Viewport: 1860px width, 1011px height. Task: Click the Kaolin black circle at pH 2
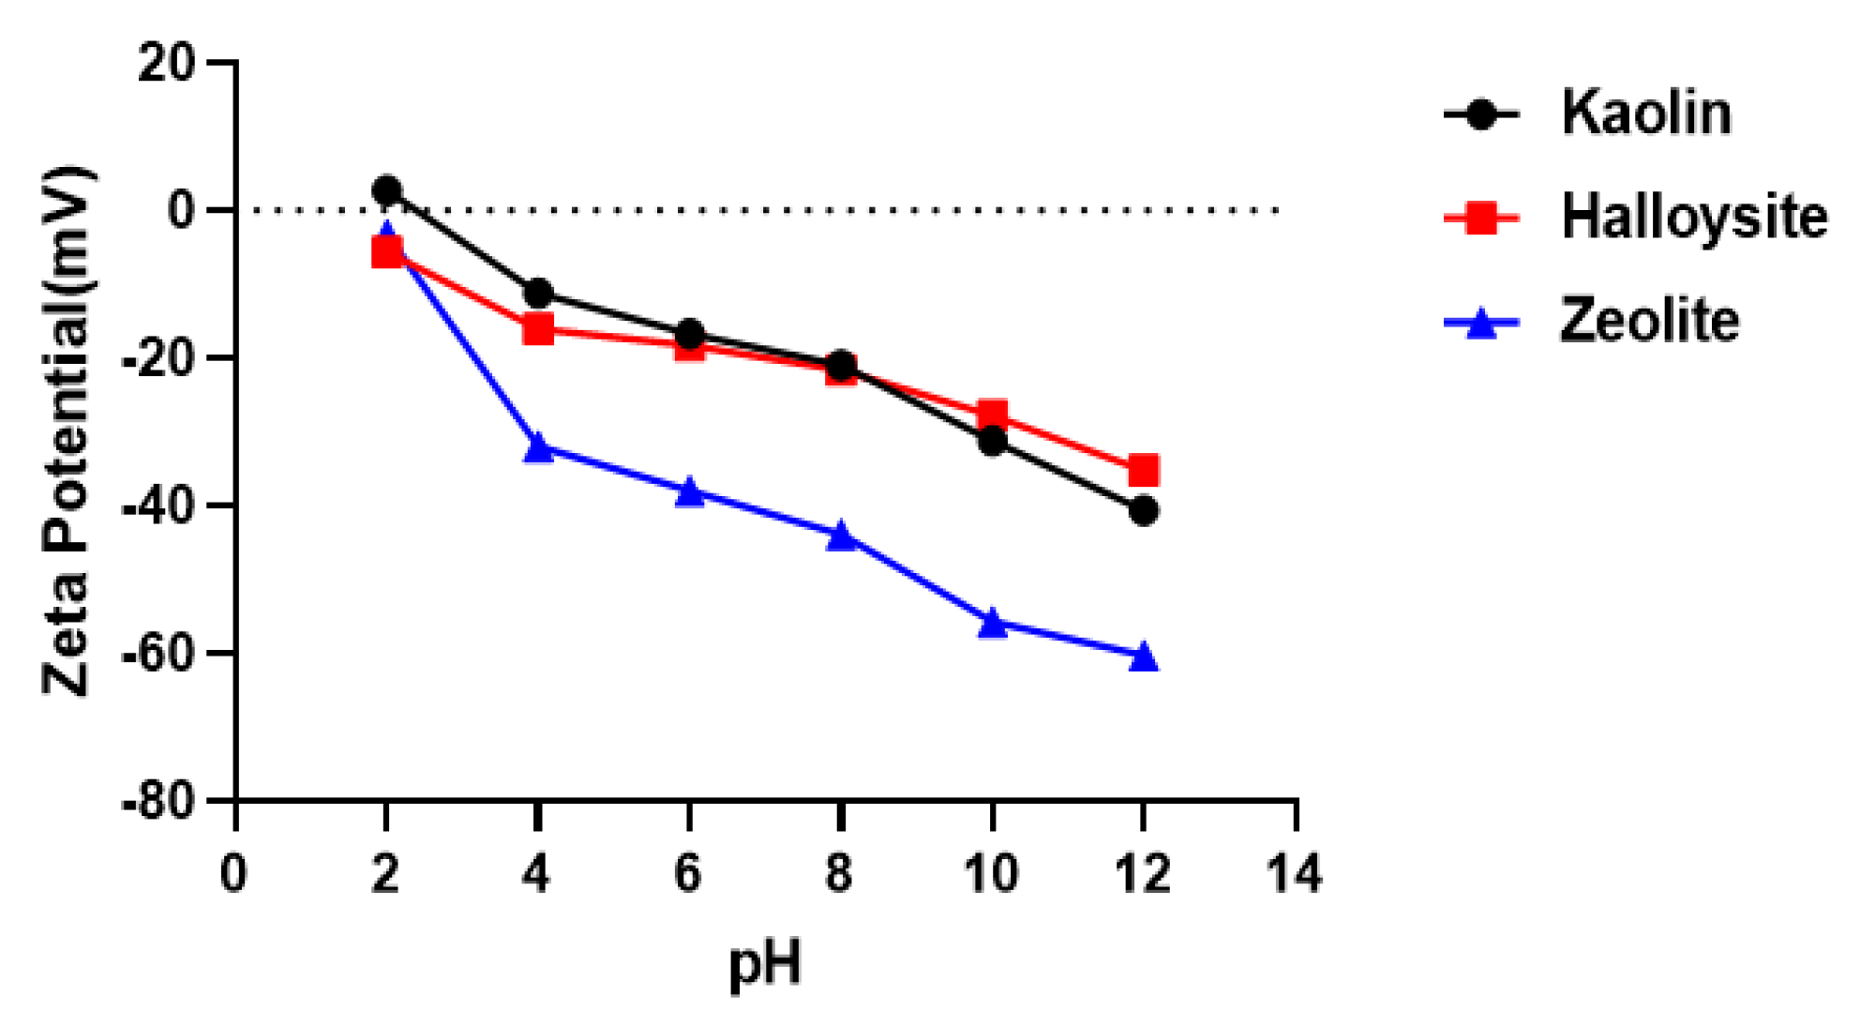[x=386, y=190]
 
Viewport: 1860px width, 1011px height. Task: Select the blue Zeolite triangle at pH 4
[x=538, y=447]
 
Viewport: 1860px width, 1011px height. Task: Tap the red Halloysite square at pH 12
[x=1143, y=470]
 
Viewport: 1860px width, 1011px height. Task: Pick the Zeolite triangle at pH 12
[x=1143, y=657]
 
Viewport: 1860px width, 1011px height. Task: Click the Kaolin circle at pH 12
[x=1143, y=511]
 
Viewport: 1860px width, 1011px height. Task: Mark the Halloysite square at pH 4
[x=538, y=328]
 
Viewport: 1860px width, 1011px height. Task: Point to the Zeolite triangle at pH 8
[x=841, y=536]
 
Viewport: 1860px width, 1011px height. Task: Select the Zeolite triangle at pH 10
[x=992, y=623]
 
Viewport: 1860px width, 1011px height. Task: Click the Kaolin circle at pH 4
[x=538, y=294]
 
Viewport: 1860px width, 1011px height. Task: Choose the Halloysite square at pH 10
[x=992, y=415]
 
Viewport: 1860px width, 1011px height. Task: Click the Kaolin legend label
[x=1645, y=113]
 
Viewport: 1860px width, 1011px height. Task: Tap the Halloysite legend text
[x=1693, y=217]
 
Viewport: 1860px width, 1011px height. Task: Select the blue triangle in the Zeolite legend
[x=1481, y=324]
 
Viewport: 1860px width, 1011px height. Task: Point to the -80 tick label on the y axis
[x=158, y=803]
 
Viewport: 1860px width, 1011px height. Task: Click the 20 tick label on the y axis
[x=167, y=63]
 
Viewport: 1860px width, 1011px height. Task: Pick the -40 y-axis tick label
[x=158, y=506]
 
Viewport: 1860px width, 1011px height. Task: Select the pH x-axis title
[x=765, y=963]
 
